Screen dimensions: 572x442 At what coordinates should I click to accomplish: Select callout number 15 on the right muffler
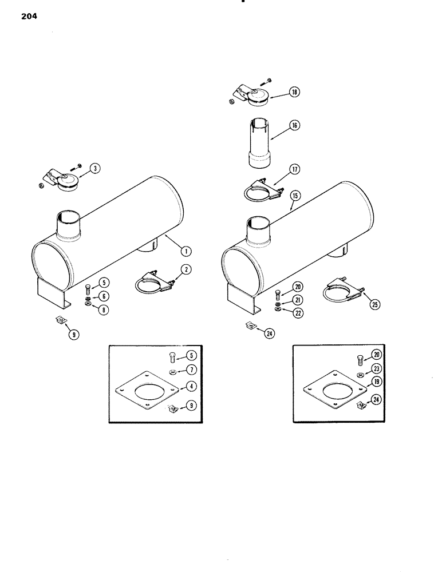click(x=295, y=195)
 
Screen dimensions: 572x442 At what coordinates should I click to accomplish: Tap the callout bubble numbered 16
click(x=295, y=125)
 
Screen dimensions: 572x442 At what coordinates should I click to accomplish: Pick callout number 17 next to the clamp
click(x=295, y=169)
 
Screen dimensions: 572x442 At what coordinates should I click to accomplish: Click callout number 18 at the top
click(x=295, y=92)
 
